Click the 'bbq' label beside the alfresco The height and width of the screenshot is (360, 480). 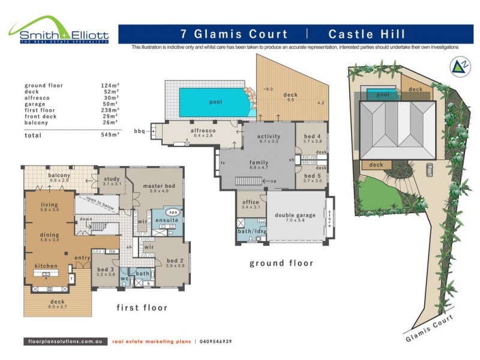[139, 130]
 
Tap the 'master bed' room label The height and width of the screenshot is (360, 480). [159, 186]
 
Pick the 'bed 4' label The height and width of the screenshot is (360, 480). [313, 136]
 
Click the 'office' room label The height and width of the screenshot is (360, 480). [250, 202]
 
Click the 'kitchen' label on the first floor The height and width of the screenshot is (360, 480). [46, 266]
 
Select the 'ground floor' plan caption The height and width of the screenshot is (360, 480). [281, 263]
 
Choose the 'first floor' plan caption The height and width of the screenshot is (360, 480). [142, 307]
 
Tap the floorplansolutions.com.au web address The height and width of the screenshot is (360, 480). [65, 341]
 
